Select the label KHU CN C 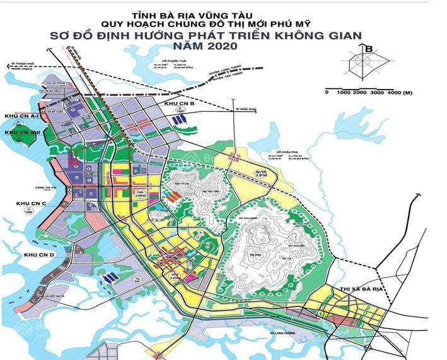tap(31, 204)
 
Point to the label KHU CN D tap(39, 254)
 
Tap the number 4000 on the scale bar tap(394, 93)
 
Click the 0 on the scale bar tap(327, 93)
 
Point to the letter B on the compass tap(369, 49)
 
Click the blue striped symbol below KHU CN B tap(180, 117)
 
